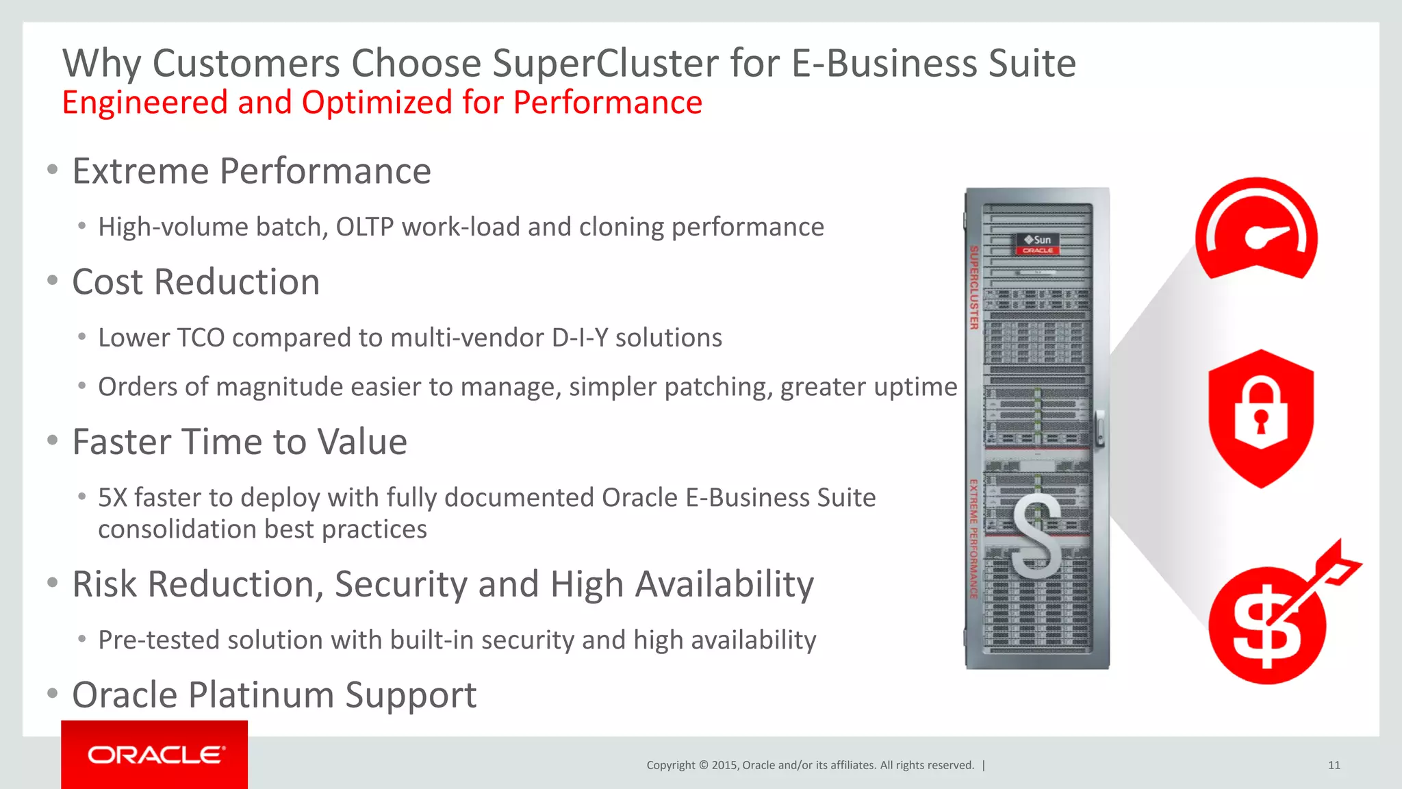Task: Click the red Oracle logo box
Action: click(x=154, y=754)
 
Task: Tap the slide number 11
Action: click(x=1334, y=765)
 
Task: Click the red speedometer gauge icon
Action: click(x=1256, y=229)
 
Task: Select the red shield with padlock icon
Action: click(x=1260, y=418)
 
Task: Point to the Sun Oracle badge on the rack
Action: click(x=1038, y=244)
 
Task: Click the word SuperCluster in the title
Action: click(x=605, y=64)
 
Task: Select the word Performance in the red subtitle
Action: click(x=607, y=103)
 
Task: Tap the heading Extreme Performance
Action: click(x=251, y=171)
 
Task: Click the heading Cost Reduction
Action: click(x=196, y=282)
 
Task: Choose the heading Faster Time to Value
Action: click(x=240, y=442)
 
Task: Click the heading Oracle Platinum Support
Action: click(x=274, y=695)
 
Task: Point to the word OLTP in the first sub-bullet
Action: click(x=364, y=227)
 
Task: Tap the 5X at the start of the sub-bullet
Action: click(x=112, y=498)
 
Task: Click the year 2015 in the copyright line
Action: click(x=724, y=765)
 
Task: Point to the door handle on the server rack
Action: click(x=1099, y=428)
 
